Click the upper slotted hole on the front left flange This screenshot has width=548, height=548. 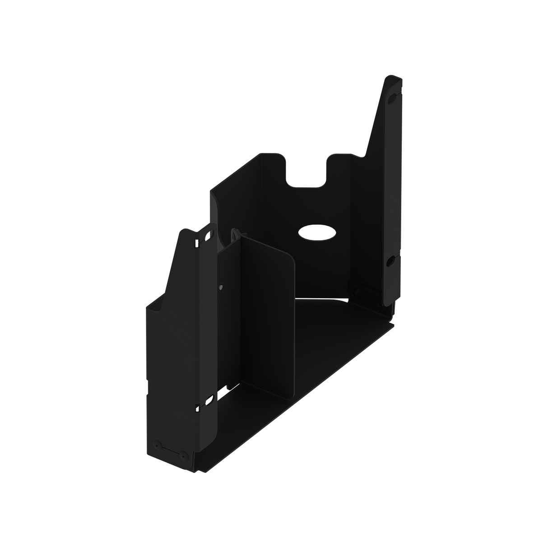208,236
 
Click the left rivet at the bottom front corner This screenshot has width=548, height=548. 157,444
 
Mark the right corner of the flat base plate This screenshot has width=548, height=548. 393,323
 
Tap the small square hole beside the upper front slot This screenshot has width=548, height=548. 197,244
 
